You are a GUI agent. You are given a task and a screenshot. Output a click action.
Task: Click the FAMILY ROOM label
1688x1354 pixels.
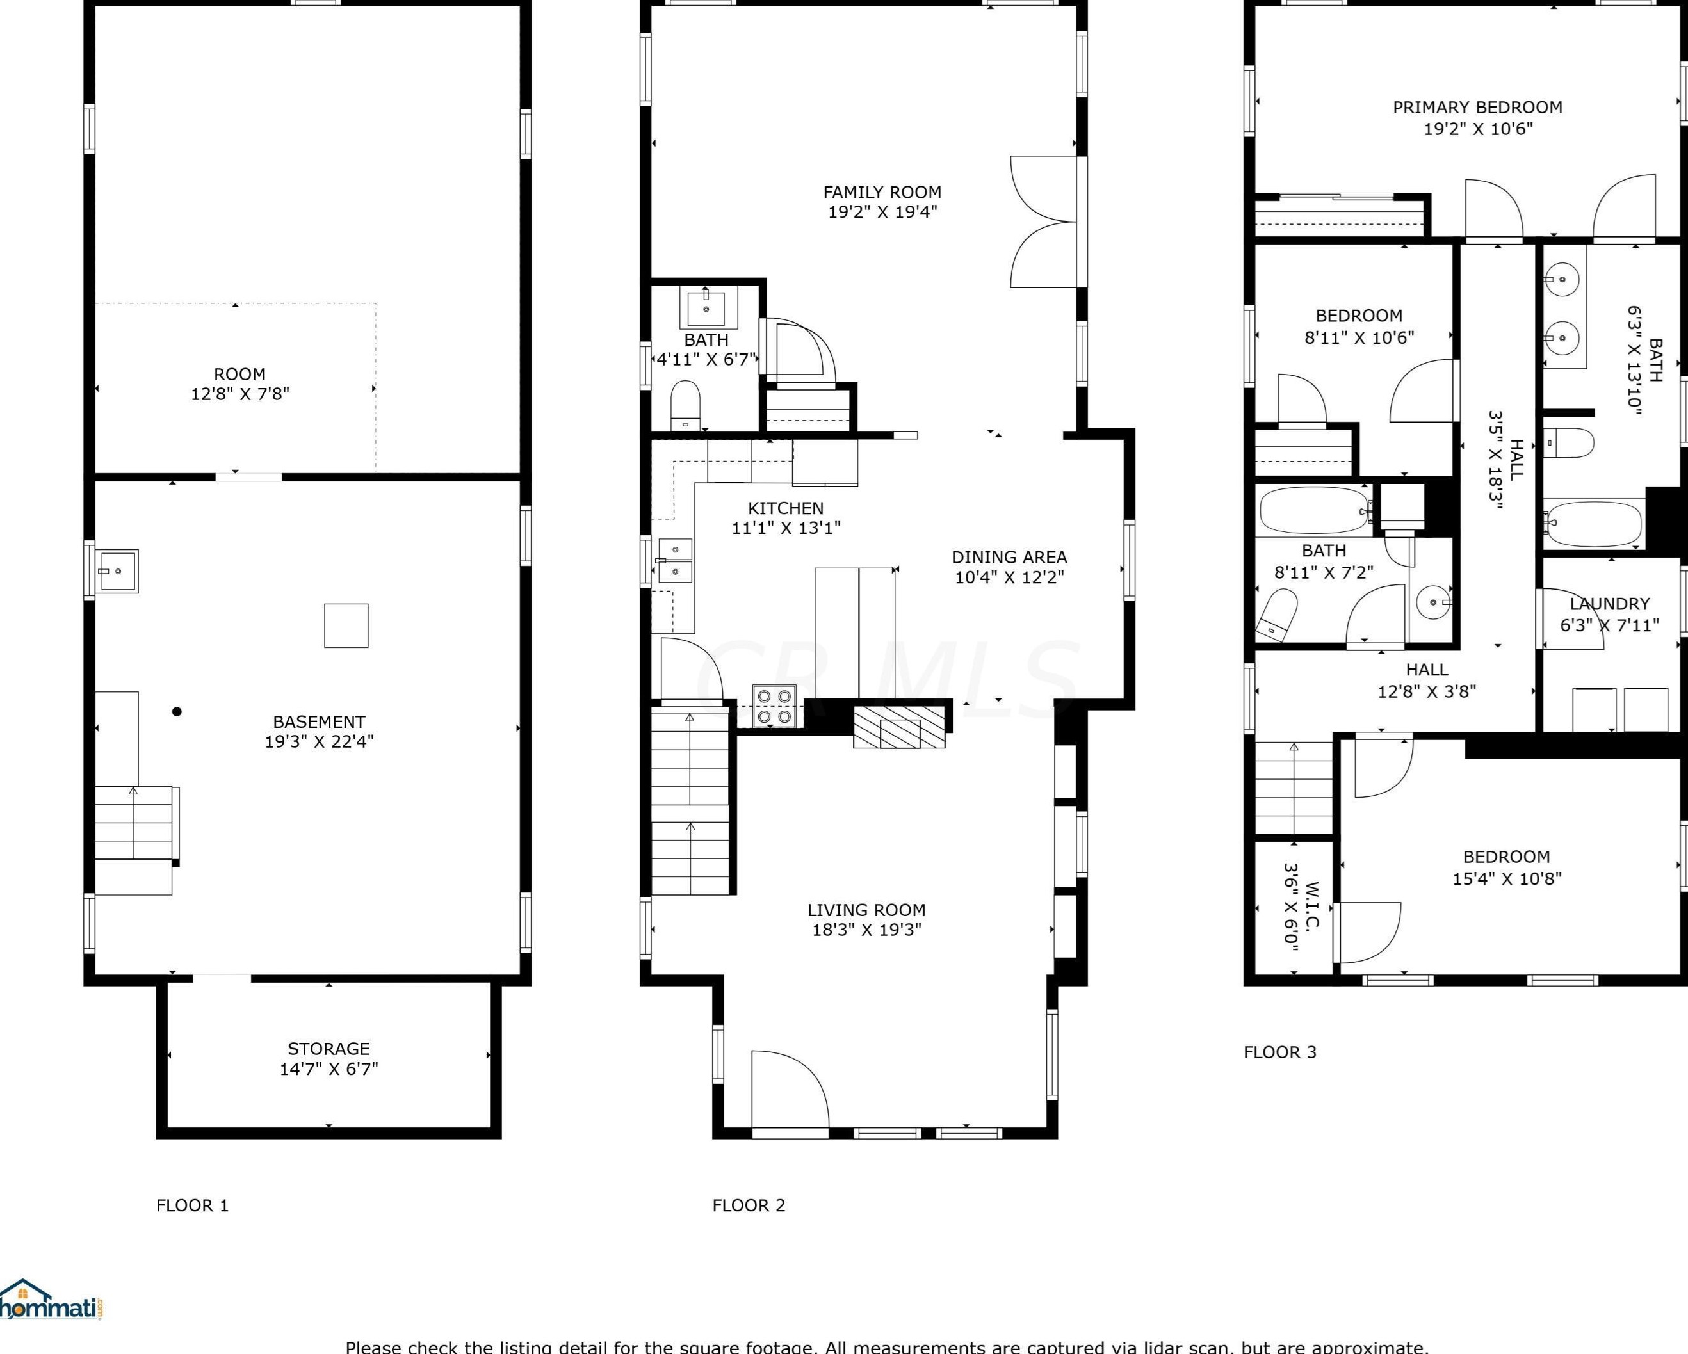click(882, 192)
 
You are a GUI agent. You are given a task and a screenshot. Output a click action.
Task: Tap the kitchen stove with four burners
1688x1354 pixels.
click(775, 705)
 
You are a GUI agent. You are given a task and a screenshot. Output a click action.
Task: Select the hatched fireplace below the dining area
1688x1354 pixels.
click(899, 727)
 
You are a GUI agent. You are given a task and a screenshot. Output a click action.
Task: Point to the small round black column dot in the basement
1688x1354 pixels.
click(177, 711)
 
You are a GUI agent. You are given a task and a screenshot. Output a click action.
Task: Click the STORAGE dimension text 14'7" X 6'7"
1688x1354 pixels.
click(329, 1068)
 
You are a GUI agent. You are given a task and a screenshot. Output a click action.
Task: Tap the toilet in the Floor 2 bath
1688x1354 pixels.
click(685, 405)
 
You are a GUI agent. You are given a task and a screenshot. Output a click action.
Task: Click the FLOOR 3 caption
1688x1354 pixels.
click(1280, 1052)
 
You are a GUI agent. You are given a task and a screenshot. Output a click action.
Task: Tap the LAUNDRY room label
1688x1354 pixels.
click(1610, 604)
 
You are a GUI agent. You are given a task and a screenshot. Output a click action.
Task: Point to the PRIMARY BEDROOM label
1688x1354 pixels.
click(1477, 107)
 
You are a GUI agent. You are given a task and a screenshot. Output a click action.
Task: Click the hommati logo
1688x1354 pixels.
click(49, 1301)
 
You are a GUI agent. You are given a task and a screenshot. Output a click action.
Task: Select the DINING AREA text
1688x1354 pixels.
click(1009, 557)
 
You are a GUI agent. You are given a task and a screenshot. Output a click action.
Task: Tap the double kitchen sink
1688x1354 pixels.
click(675, 560)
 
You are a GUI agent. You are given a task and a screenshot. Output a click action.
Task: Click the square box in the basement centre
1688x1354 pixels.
click(346, 625)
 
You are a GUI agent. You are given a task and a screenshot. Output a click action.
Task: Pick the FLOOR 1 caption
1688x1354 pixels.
click(193, 1205)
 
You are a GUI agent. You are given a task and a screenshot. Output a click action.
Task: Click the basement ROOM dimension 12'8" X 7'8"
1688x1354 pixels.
click(240, 394)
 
